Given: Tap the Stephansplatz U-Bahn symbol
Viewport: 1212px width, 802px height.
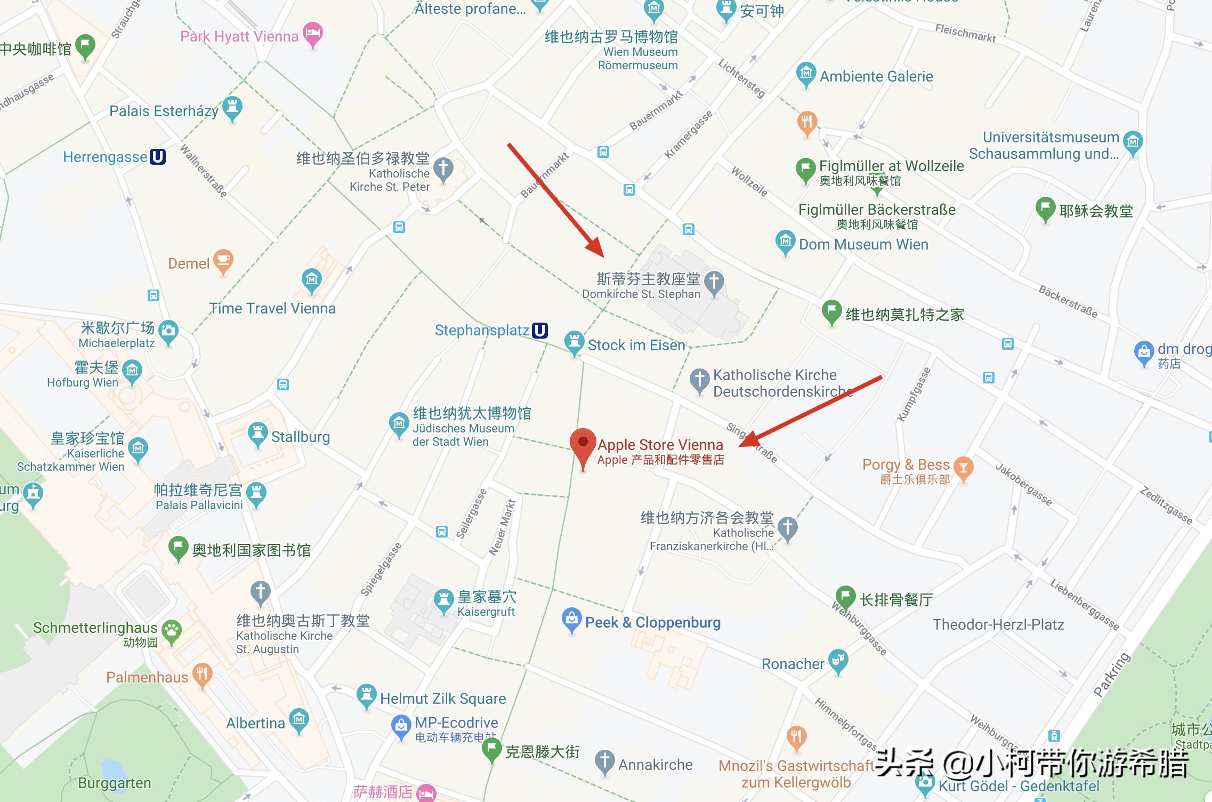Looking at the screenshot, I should coord(540,331).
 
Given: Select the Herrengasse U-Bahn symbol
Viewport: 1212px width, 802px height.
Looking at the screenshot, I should coord(158,157).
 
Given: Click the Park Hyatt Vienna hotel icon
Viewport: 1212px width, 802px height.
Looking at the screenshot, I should coord(313,34).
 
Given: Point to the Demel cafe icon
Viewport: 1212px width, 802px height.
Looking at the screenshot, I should coord(223,261).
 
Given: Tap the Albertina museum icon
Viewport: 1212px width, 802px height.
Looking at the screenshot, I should coord(298,720).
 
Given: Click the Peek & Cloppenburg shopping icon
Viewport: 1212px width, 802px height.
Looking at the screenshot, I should coord(571,619).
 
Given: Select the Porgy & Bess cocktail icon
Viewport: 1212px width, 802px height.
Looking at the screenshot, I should coord(963,468).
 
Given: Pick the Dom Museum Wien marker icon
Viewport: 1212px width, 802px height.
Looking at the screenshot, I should coord(785,242).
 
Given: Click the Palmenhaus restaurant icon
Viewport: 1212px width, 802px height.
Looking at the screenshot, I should coord(202,675).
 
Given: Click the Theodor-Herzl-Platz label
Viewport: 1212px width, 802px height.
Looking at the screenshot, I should coord(998,624).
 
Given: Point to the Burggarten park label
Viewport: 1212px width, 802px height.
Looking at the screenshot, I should coord(115,783).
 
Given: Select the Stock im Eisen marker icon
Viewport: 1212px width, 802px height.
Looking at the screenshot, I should coord(574,342).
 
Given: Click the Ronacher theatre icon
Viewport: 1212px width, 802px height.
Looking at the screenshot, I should coord(838,660).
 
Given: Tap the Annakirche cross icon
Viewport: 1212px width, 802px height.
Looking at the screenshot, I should coord(604,761).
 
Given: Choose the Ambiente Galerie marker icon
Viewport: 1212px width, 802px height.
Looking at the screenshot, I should coord(806,74).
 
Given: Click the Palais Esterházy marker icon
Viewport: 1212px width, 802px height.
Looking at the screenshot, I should coord(232,107).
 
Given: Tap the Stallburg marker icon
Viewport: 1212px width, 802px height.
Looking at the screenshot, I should coord(258,434).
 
